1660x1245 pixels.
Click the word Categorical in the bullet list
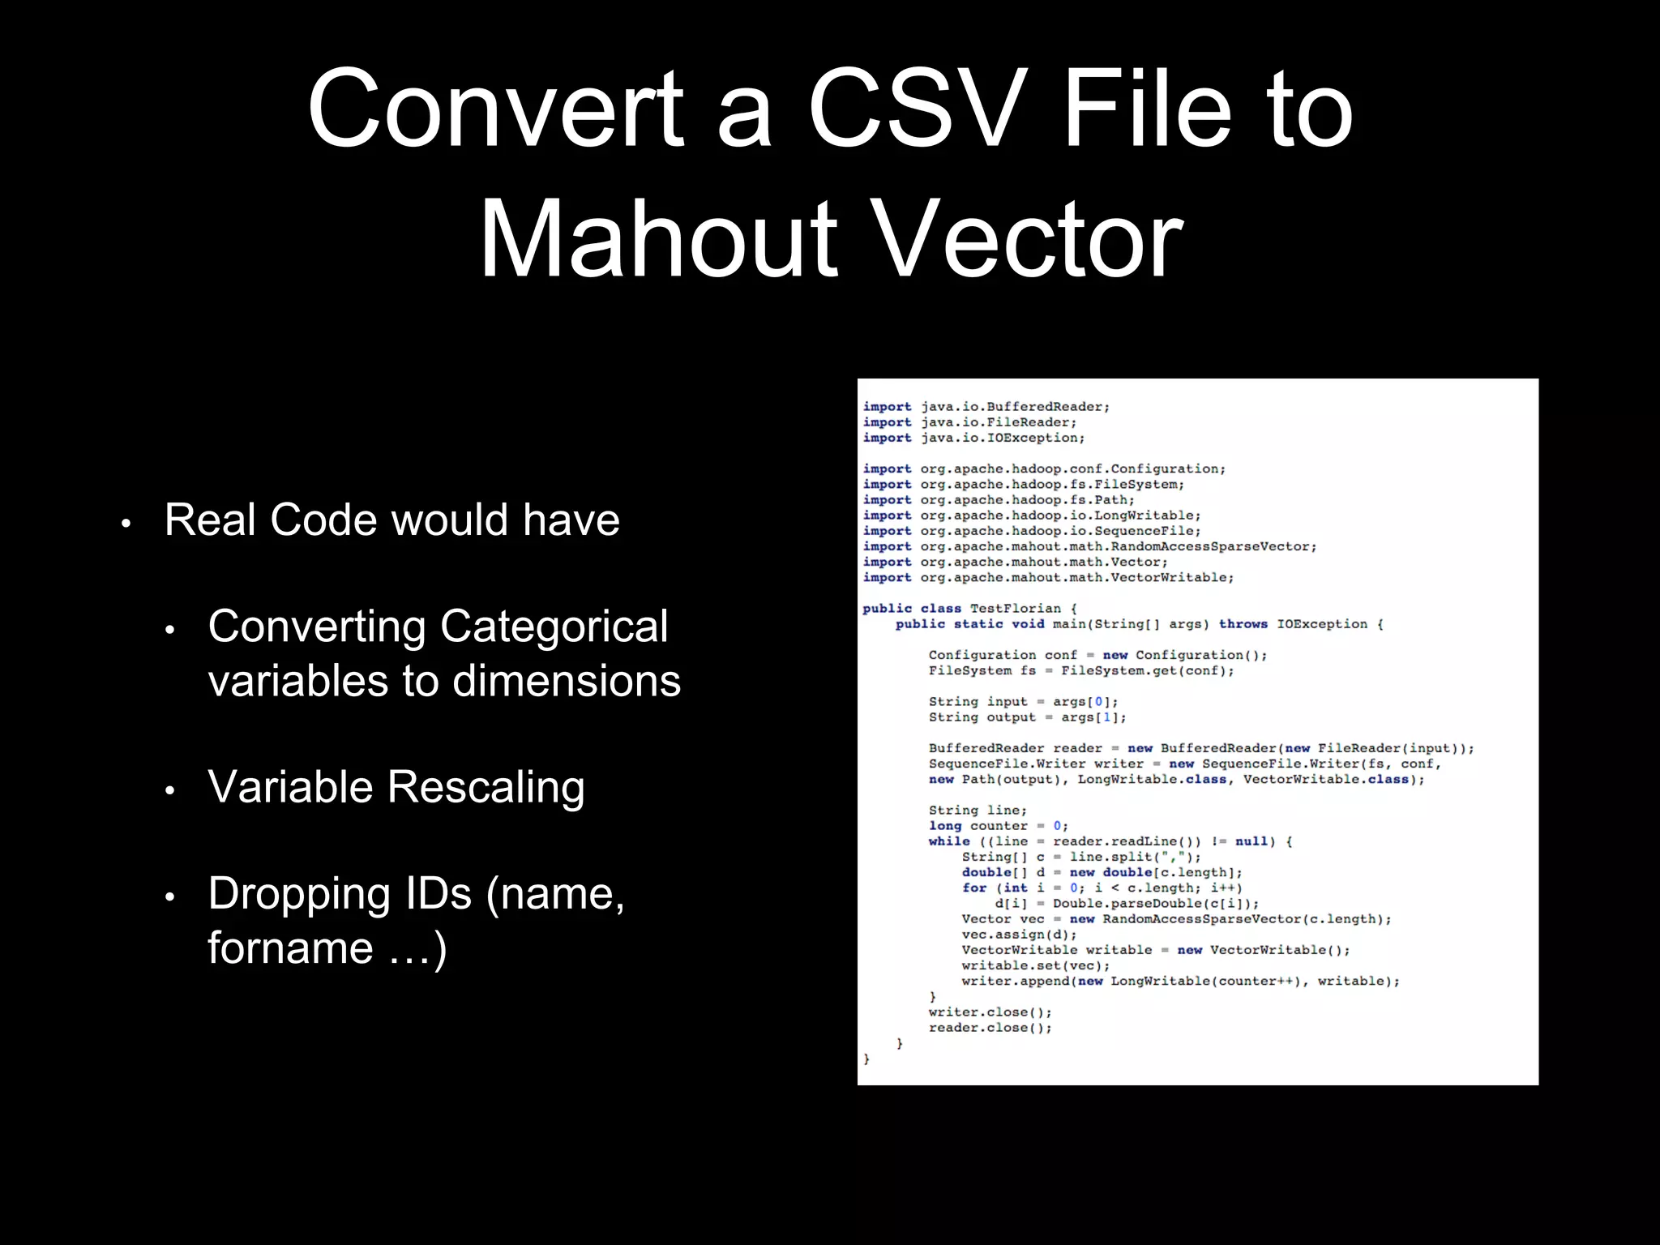click(x=554, y=627)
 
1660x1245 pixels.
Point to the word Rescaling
click(x=486, y=787)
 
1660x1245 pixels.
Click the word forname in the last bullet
click(x=291, y=948)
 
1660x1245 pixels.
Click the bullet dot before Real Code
click(x=126, y=524)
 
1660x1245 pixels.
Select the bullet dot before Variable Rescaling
click(x=169, y=791)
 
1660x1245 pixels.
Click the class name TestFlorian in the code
click(x=1015, y=609)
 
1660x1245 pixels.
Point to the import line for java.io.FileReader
click(x=969, y=422)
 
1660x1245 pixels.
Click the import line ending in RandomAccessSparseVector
click(x=1089, y=547)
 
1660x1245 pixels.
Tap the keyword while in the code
click(x=948, y=841)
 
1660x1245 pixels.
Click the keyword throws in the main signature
click(x=1243, y=624)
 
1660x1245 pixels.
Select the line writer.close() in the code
click(x=990, y=1012)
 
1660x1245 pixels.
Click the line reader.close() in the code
click(x=990, y=1028)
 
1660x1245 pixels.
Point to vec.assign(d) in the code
click(x=1019, y=935)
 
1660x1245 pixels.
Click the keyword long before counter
click(x=945, y=826)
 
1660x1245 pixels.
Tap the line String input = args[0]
click(x=1023, y=702)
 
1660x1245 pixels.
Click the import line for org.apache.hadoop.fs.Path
click(x=999, y=500)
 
